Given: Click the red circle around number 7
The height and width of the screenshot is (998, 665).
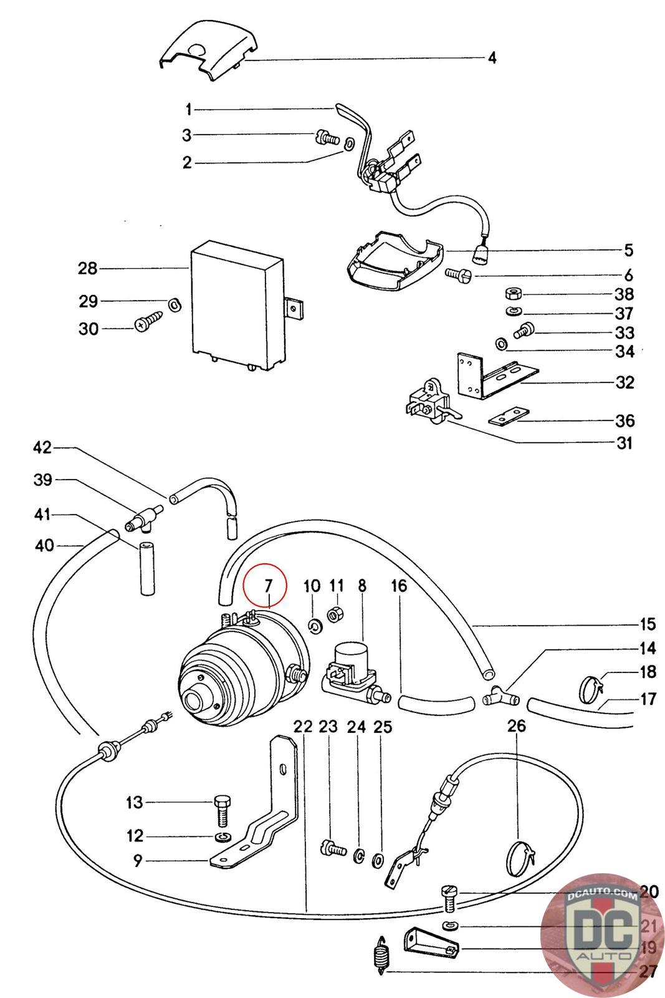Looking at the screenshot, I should (x=265, y=586).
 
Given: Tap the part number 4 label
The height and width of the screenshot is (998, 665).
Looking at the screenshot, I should (x=492, y=59).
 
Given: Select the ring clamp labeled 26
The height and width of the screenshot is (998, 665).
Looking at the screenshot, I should (x=523, y=858).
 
